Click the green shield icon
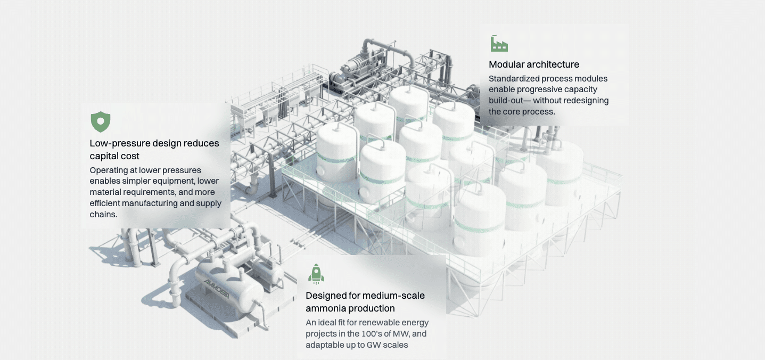101,122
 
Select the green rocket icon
316,274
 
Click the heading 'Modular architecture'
534,64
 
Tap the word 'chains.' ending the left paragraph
103,215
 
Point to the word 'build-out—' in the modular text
509,101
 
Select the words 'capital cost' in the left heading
114,156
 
